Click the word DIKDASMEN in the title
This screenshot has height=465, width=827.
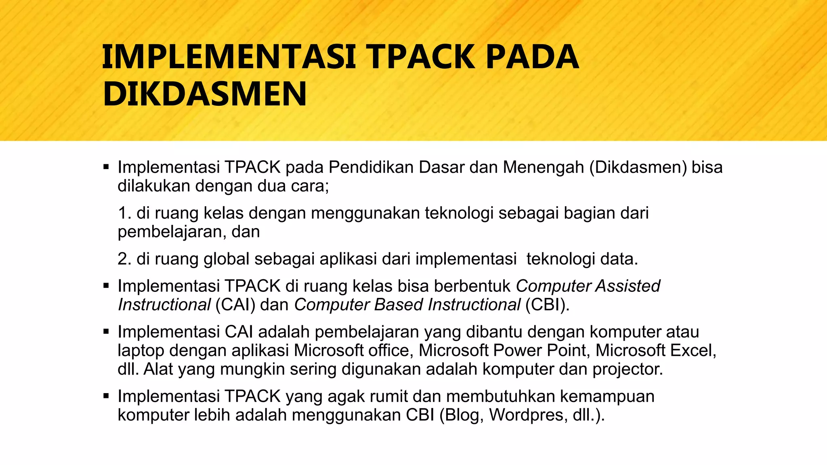(205, 94)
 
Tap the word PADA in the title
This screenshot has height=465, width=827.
(532, 57)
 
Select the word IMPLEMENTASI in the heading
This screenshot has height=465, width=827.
(229, 57)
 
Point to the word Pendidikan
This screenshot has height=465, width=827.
(371, 167)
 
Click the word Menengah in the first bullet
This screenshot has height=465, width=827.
(543, 167)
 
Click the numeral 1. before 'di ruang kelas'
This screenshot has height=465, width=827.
(125, 213)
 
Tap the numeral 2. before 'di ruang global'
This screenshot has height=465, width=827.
(125, 259)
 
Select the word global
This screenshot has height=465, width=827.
(227, 259)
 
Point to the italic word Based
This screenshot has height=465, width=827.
(399, 305)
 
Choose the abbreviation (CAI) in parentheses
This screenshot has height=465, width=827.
(235, 305)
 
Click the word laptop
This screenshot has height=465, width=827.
(141, 350)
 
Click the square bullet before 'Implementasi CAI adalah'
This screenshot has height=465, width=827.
(106, 332)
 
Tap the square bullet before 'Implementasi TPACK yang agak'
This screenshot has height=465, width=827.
(106, 396)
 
